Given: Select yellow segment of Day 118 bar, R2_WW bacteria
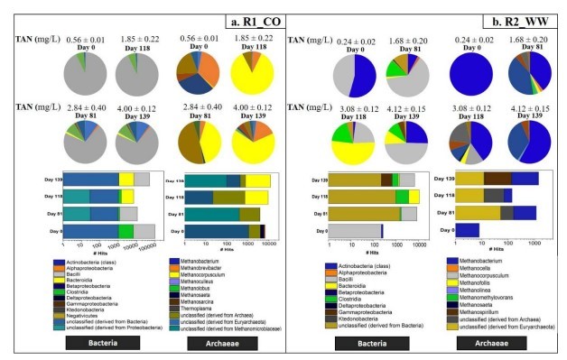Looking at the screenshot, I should click(x=414, y=196).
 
